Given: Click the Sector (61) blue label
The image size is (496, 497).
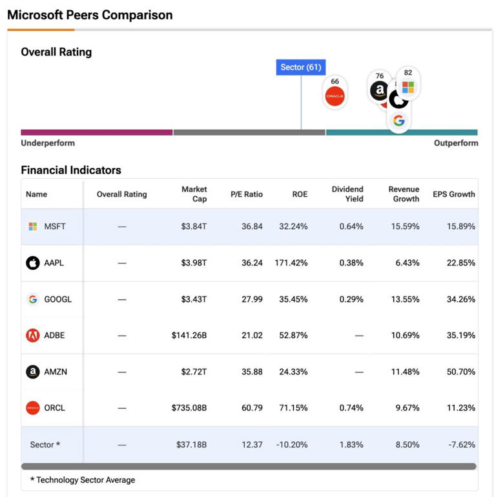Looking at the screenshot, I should coord(300,67).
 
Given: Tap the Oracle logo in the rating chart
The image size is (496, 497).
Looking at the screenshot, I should coord(335,96).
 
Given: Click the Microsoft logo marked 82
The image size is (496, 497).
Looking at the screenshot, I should coord(408,86).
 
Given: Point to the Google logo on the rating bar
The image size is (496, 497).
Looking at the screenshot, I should coord(399,121).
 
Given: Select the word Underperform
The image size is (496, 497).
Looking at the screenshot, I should coord(48,143).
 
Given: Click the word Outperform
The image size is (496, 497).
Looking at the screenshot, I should coord(456,143).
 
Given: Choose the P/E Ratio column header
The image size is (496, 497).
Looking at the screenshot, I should coord(247,194).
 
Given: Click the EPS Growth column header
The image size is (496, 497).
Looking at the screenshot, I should coord(454,194).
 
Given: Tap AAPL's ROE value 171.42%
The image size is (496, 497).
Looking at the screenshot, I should coord(289,263).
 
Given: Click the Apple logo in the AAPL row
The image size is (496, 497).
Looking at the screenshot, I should coord(33,263).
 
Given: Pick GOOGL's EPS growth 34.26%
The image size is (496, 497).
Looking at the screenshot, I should coord(457,299).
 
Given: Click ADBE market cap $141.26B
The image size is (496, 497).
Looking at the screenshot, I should coord(189,336).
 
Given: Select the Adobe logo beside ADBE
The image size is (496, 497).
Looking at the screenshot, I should coord(33,336).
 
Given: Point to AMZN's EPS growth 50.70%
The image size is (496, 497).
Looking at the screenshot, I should coord(457,372).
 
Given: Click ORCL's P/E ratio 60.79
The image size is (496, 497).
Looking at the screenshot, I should coord(251,408).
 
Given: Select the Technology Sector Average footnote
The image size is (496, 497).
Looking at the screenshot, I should coord(83,480).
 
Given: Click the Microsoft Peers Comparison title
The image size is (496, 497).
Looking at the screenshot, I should coord(90,15).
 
